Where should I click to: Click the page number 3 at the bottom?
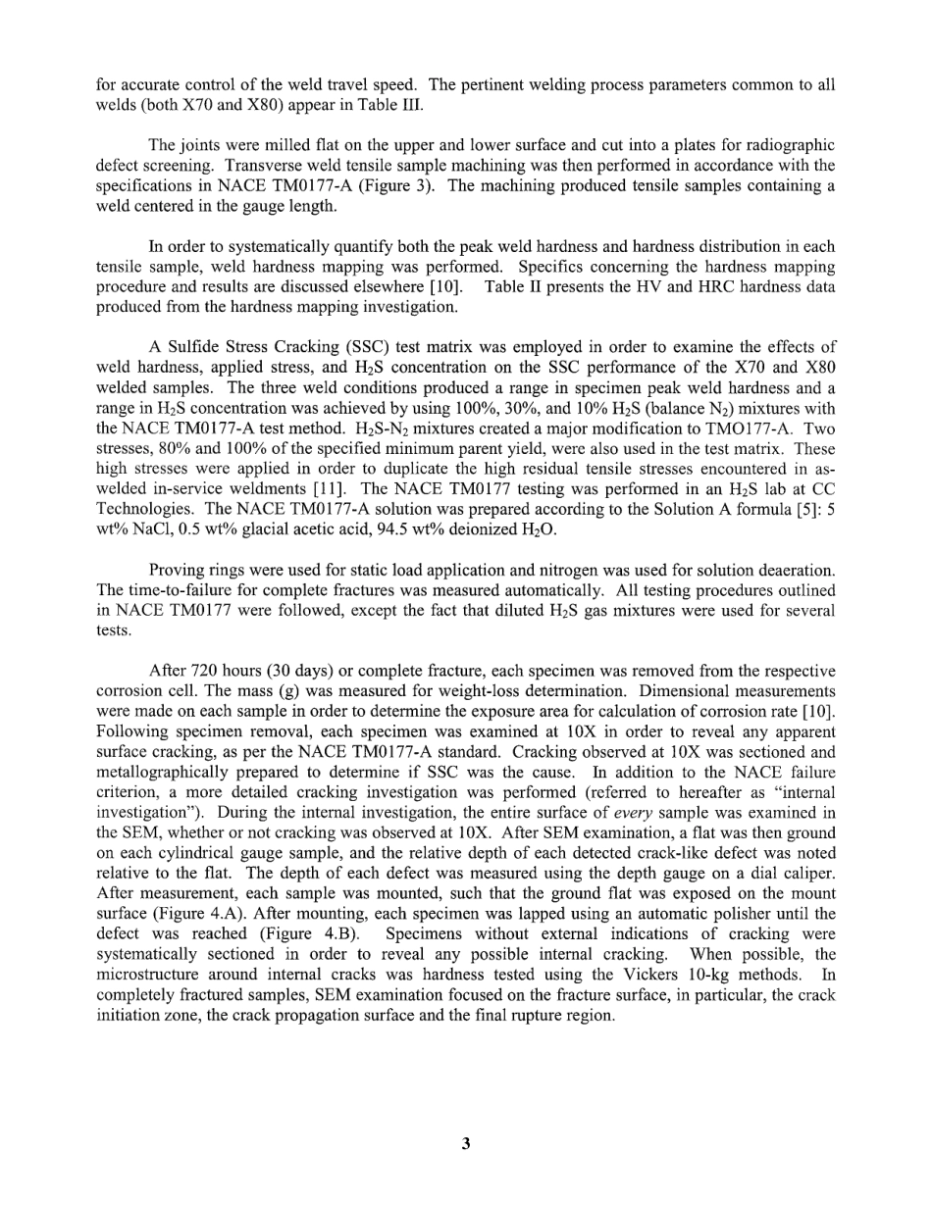coord(466,1143)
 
